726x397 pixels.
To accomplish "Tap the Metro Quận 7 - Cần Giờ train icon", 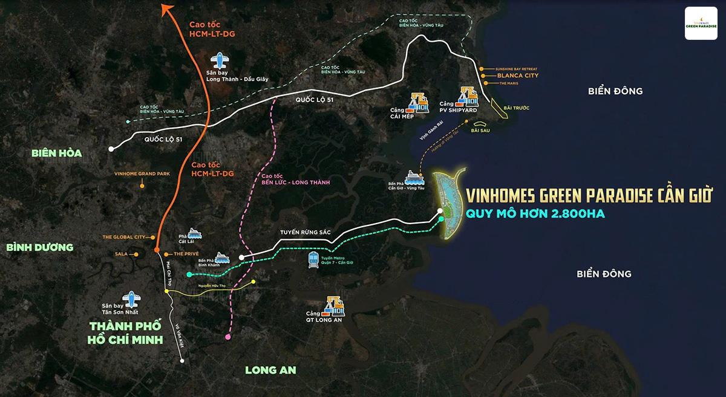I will pos(314,260).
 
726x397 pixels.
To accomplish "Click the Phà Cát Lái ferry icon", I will pos(194,233).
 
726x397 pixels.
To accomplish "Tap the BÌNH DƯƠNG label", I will pos(40,247).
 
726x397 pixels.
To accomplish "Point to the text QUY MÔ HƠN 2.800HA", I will pos(535,213).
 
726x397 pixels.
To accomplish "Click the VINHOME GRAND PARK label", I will pos(142,173).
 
